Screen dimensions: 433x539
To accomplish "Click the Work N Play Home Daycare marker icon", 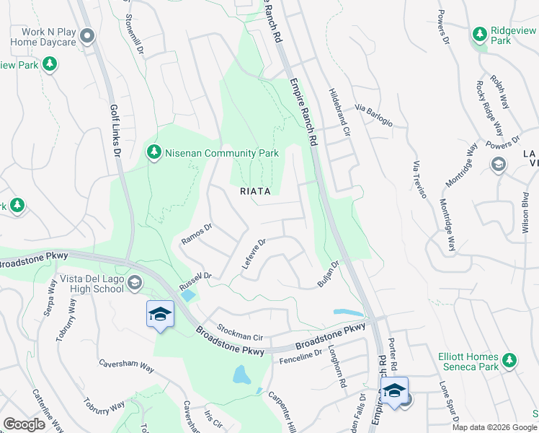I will [x=88, y=35].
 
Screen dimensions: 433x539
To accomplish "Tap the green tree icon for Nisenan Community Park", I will [x=153, y=153].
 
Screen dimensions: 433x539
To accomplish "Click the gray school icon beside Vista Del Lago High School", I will [x=135, y=282].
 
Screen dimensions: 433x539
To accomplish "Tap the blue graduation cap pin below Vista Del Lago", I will [x=160, y=315].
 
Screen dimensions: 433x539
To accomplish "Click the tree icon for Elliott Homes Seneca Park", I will [x=509, y=359].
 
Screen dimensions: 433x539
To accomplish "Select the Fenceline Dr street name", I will [x=300, y=353].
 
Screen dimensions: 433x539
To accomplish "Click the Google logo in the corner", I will [x=24, y=424].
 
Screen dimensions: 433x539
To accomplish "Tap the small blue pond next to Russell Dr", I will [x=189, y=295].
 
